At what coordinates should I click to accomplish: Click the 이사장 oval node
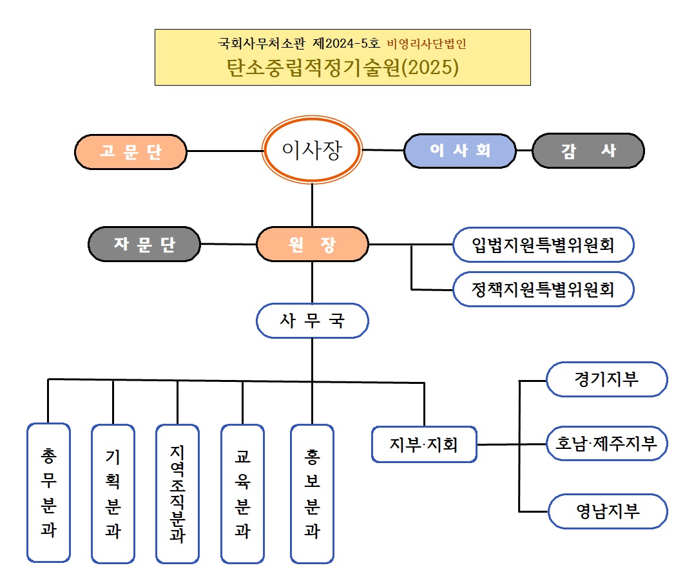click(313, 149)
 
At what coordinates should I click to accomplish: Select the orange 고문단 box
click(131, 151)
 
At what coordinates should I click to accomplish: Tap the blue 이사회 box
click(460, 151)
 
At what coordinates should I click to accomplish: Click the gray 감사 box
click(588, 151)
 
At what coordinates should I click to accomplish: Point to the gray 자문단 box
click(144, 244)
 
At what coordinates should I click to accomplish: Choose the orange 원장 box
click(313, 245)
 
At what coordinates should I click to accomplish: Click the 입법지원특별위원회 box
click(543, 245)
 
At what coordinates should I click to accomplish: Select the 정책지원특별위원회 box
click(543, 289)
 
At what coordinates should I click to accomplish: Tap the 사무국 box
click(313, 321)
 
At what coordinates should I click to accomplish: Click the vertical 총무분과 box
click(48, 493)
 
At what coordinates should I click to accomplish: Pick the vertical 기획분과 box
click(113, 493)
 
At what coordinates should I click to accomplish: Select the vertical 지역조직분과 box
click(177, 493)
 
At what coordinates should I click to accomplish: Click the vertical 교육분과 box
click(242, 493)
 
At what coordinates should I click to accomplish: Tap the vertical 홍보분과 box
click(313, 493)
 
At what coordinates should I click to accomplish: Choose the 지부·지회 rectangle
click(424, 444)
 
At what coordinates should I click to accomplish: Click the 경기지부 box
click(606, 379)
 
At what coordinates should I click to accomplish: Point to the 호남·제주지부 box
click(606, 443)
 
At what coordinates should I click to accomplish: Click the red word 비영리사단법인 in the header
click(426, 44)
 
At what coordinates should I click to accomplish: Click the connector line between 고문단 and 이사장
click(225, 151)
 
